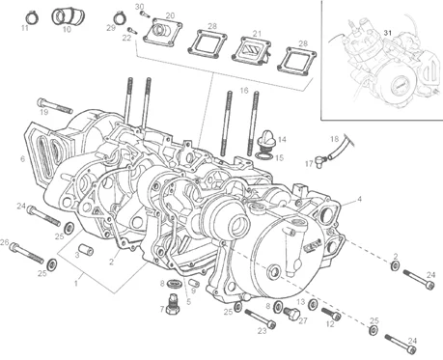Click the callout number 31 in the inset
[388, 33]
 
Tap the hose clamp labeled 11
[31, 17]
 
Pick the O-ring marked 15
[264, 156]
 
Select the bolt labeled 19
[55, 106]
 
